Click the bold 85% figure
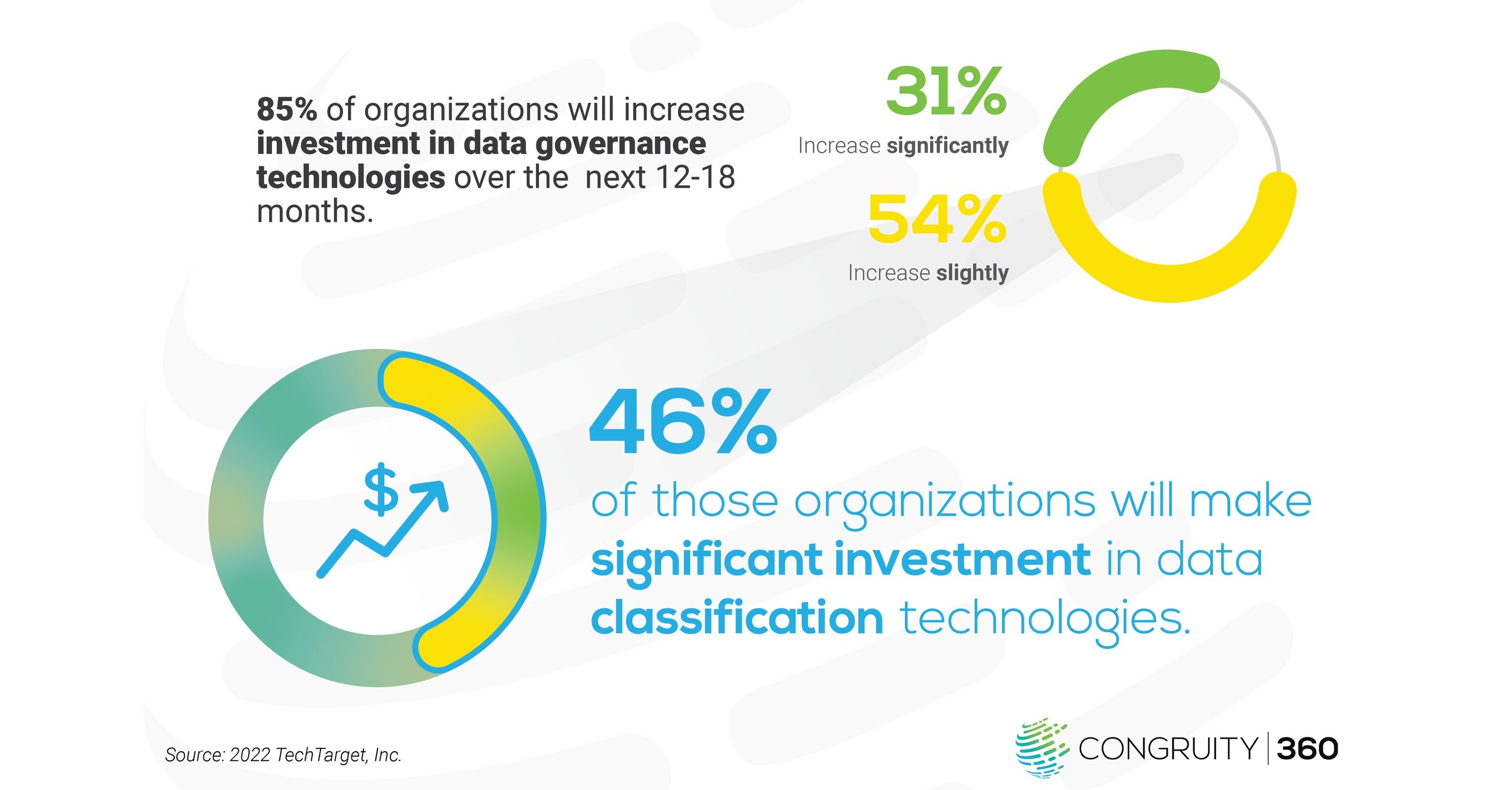click(287, 110)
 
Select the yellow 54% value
click(937, 219)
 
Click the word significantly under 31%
click(948, 146)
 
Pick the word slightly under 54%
click(972, 273)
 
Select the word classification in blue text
click(737, 618)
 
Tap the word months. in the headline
click(315, 211)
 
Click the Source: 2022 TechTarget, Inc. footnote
click(283, 755)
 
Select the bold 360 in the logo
click(1307, 749)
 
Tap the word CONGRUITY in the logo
click(1168, 749)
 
